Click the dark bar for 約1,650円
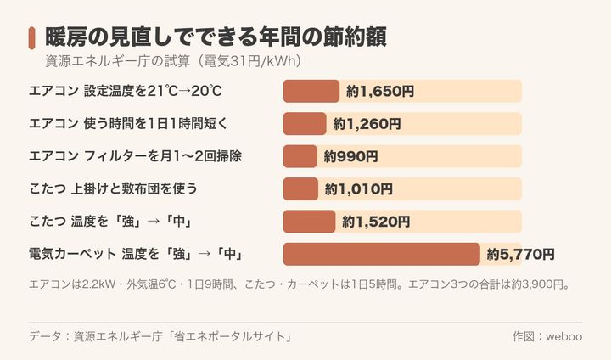(311, 91)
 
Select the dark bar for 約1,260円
(305, 124)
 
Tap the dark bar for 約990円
(300, 156)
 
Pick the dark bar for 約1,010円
(300, 189)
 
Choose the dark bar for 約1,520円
(309, 222)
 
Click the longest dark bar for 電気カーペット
(382, 255)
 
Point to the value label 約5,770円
(520, 255)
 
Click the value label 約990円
(350, 157)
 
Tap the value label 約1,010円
(358, 189)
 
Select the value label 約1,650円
(380, 92)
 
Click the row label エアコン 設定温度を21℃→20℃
(126, 91)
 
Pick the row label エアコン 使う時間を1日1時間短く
(128, 124)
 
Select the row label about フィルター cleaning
(135, 156)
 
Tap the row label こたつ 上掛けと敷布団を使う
(113, 189)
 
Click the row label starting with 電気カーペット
(136, 255)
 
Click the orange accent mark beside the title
(31, 38)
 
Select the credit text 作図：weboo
(547, 336)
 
